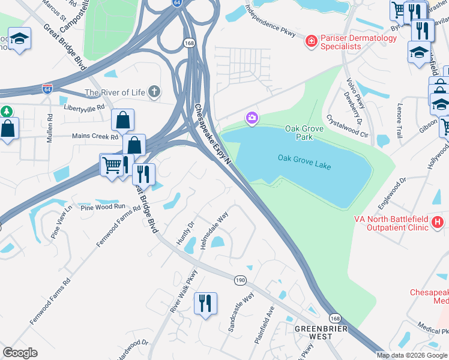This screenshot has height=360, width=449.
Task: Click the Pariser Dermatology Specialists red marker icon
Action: tap(311, 41)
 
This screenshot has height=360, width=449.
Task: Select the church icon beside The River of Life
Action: tap(154, 92)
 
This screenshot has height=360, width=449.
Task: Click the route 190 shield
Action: tap(240, 280)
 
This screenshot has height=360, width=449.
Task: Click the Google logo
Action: tap(20, 353)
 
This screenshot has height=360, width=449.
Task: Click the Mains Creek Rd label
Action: tap(95, 137)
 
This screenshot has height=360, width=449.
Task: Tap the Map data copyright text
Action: tap(412, 355)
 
